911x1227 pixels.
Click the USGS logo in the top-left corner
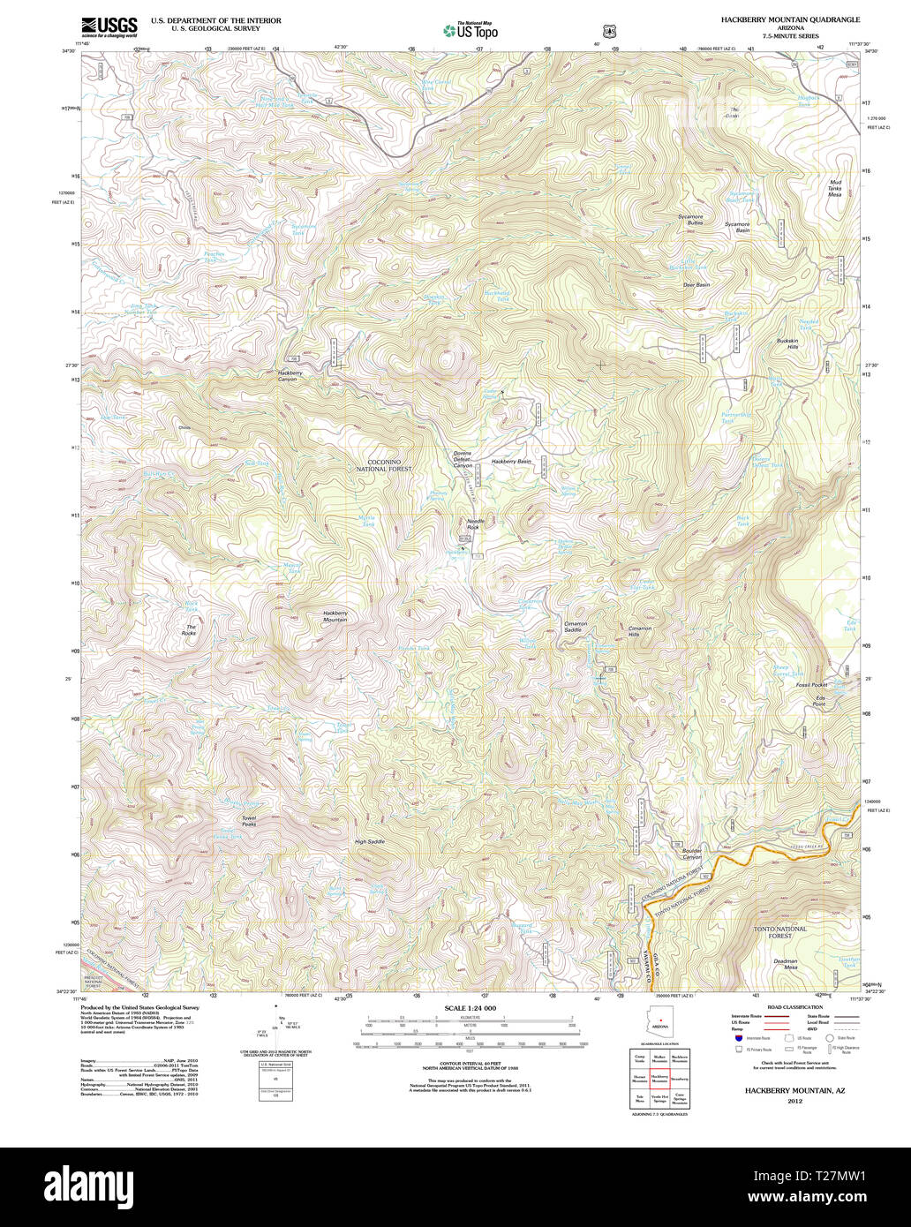109,26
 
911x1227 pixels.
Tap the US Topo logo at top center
471,30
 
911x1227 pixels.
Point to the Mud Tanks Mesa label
834,188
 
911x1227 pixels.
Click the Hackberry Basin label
511,462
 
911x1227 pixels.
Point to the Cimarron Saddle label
575,627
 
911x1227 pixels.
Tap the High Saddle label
370,842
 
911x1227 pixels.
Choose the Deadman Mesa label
786,964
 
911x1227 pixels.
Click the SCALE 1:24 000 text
470,1008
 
